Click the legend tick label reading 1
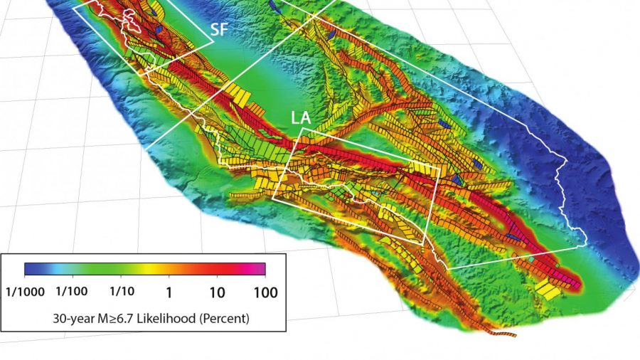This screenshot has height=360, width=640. pos(169,292)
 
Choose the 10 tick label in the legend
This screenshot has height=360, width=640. pos(217,292)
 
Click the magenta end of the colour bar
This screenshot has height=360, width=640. pos(260,269)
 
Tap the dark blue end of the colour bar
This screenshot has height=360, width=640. pos(31,269)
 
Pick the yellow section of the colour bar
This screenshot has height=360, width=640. pos(153,269)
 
